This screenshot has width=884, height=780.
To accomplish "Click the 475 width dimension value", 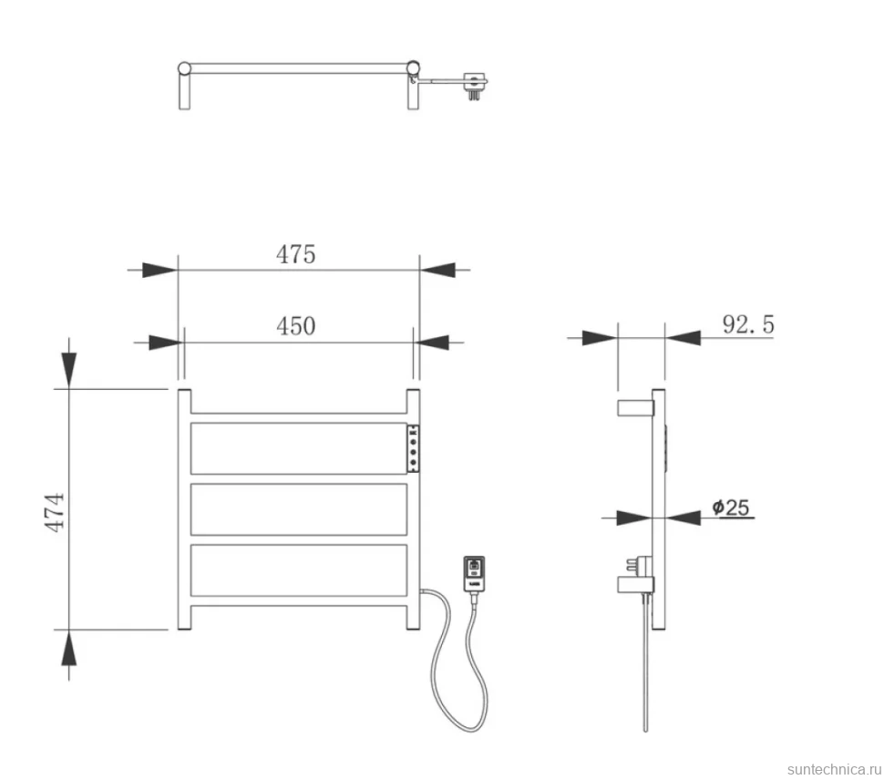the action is (295, 255).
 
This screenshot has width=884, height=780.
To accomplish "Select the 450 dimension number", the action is (295, 326).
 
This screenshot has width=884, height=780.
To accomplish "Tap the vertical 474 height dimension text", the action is (55, 512).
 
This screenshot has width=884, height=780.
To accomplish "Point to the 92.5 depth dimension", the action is (748, 324).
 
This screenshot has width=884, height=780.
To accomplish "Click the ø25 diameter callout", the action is (731, 508).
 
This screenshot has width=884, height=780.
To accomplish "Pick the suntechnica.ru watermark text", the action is (834, 769).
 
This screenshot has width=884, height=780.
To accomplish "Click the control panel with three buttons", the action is (413, 448).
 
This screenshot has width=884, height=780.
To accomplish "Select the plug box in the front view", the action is (474, 574).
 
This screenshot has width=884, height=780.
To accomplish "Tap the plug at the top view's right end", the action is (475, 86).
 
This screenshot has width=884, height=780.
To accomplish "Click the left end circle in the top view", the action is (184, 68).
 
